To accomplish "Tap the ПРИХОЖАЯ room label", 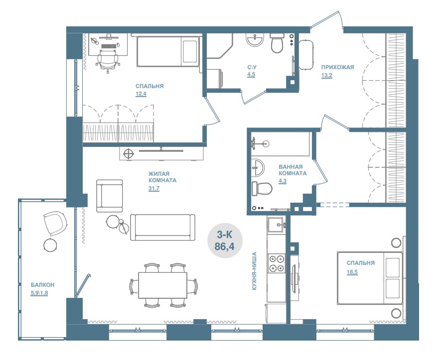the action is pos(337,67).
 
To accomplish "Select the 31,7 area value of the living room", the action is pos(154,188).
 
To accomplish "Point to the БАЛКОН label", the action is pos(42,285).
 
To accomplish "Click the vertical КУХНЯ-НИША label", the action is pos(254,271).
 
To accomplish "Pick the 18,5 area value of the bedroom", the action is pos(352,272).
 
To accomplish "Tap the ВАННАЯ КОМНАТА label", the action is pos(293,170).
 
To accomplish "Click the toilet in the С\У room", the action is pos(277,43).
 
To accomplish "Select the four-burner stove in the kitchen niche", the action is pos(276,263).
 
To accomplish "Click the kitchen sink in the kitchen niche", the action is pos(276,224).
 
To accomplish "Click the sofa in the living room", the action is pos(162,227).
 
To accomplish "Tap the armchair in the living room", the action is pos(110,196).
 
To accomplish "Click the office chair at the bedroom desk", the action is pos(107,60).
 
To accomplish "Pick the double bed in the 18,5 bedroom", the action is pos(370,278).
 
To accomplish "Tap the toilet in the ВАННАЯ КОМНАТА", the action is pos(262,188).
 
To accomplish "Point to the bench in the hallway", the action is pos(306,55).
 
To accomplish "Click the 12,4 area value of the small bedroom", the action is pos(141,94).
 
